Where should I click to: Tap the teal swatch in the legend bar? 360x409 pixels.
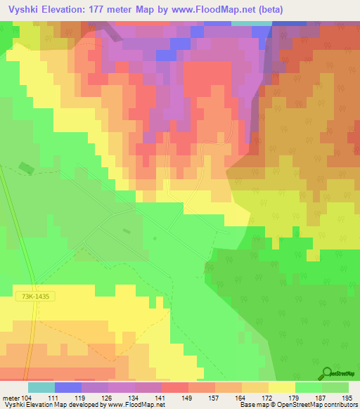click(x=41, y=387)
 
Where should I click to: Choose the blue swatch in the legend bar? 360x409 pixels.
click(x=68, y=387)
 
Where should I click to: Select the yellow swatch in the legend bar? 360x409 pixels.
click(x=282, y=387)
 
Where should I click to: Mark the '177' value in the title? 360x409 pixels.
click(x=108, y=9)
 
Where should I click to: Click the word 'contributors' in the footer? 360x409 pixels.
click(x=340, y=405)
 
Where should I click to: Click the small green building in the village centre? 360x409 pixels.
click(x=127, y=231)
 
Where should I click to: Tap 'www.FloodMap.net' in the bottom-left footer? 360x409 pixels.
click(x=136, y=405)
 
